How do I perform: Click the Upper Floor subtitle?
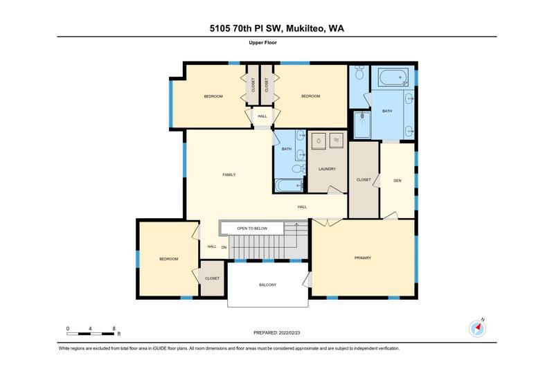(x=262, y=43)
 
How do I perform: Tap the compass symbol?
(x=477, y=328)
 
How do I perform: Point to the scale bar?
(x=91, y=334)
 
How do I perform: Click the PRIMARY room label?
(x=363, y=258)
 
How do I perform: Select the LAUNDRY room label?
(x=327, y=169)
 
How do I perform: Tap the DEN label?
(x=397, y=181)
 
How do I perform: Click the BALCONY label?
(x=268, y=285)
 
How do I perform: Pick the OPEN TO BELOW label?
(x=252, y=229)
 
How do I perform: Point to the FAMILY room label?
(x=229, y=174)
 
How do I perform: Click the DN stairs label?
(x=224, y=247)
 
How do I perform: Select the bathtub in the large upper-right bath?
(x=393, y=77)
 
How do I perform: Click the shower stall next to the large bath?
(x=362, y=125)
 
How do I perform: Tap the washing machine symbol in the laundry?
(x=319, y=141)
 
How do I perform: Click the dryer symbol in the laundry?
(x=337, y=141)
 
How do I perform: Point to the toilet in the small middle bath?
(x=298, y=169)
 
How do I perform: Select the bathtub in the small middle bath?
(x=289, y=186)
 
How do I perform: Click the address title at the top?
(x=276, y=28)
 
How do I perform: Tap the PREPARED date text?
(x=276, y=333)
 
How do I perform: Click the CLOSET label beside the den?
(x=364, y=180)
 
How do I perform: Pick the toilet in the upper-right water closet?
(x=359, y=73)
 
